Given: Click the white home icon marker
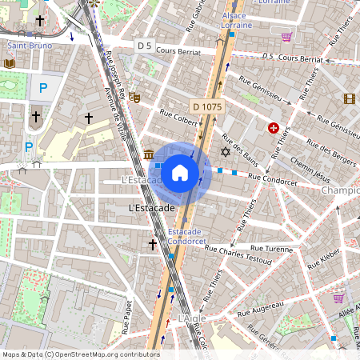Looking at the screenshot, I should [x=180, y=172].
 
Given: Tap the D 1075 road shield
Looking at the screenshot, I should [x=207, y=106].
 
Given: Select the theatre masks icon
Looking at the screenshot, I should [x=136, y=97].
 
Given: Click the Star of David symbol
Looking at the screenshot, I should [x=225, y=151].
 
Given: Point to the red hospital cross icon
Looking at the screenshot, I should [x=274, y=128].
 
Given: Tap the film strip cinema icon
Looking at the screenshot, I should [x=349, y=98].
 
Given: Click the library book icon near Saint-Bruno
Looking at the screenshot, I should [x=10, y=63].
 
